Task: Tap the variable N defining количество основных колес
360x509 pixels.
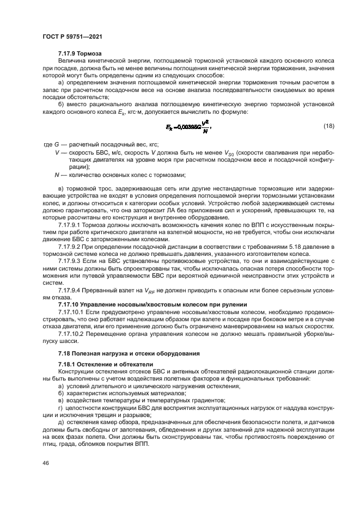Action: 57,175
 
